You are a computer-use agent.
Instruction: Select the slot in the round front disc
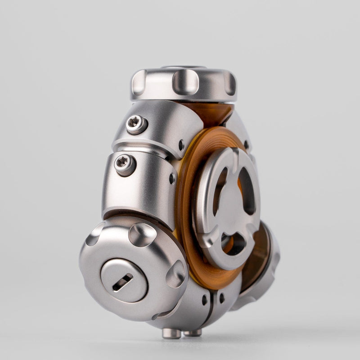[x=122, y=282]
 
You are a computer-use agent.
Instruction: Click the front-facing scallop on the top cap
[x=185, y=82]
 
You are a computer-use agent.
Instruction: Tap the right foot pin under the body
[x=193, y=333]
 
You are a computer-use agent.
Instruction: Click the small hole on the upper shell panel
[x=181, y=145]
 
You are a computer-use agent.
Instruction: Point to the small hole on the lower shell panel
[x=172, y=178]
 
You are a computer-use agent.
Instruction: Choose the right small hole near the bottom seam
[x=221, y=298]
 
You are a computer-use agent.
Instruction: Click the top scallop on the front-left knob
[x=142, y=234]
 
